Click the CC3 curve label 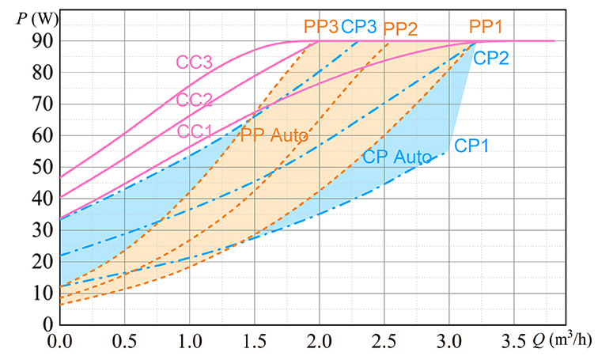pyautogui.click(x=195, y=62)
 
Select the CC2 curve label pyautogui.click(x=195, y=100)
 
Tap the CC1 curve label pyautogui.click(x=195, y=131)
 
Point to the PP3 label pyautogui.click(x=320, y=27)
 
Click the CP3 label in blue pyautogui.click(x=359, y=27)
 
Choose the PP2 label pyautogui.click(x=400, y=29)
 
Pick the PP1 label pyautogui.click(x=486, y=27)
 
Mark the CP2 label pyautogui.click(x=491, y=57)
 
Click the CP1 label pyautogui.click(x=471, y=146)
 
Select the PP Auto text pyautogui.click(x=274, y=135)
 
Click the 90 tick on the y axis pyautogui.click(x=42, y=41)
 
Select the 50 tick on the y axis pyautogui.click(x=42, y=167)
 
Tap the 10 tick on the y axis pyautogui.click(x=42, y=294)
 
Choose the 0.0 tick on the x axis pyautogui.click(x=59, y=343)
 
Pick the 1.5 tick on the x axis pyautogui.click(x=255, y=343)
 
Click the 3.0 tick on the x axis pyautogui.click(x=449, y=343)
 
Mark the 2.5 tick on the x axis pyautogui.click(x=384, y=343)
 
